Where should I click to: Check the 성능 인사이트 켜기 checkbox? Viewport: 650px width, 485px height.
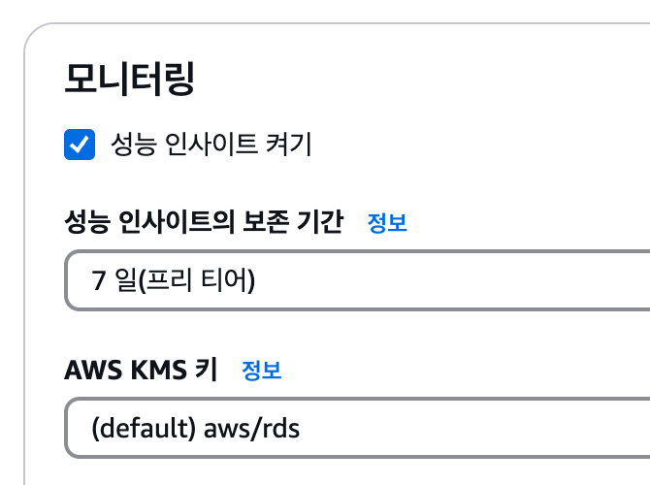click(80, 145)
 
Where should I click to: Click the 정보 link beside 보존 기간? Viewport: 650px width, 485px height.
click(387, 223)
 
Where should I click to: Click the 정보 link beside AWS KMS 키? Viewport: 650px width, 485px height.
click(261, 370)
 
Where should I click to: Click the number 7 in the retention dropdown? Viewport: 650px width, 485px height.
click(98, 281)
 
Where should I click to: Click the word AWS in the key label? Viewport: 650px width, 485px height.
click(88, 370)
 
